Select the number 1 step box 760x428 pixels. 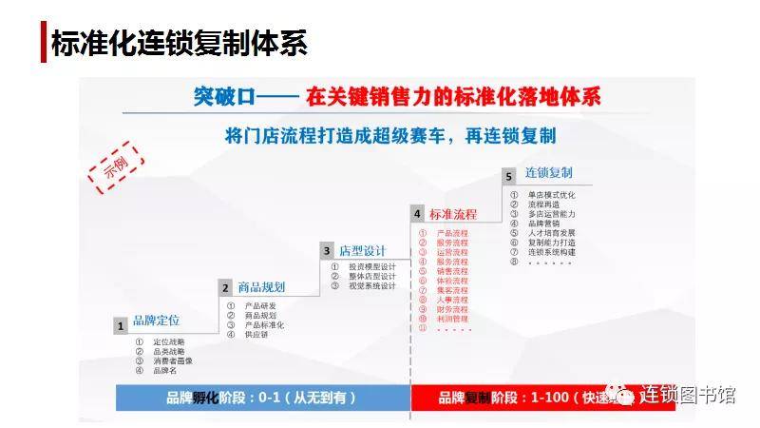(121, 326)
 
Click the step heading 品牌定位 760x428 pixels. (156, 321)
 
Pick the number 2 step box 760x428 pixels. (225, 288)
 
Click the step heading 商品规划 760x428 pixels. (261, 286)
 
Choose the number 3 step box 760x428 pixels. (327, 251)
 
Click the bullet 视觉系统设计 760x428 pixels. (371, 286)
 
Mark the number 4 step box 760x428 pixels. (417, 214)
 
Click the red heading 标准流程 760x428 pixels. (453, 214)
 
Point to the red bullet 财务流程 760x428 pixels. (452, 309)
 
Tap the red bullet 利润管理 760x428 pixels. (452, 319)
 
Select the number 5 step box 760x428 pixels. (509, 176)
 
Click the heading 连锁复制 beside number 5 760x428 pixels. (548, 174)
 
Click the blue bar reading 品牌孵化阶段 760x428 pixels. (262, 397)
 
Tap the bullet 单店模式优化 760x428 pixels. (552, 195)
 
